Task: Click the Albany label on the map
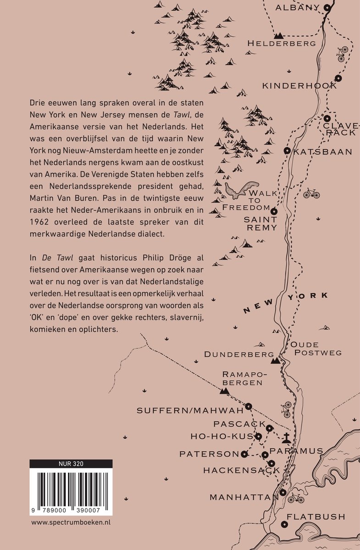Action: [297, 7]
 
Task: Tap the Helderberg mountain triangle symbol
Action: [278, 35]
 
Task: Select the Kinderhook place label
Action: [299, 86]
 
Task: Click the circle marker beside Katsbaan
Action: [287, 151]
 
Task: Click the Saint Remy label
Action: [260, 223]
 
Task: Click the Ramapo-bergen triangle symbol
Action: [224, 391]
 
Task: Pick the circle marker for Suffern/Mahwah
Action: [248, 406]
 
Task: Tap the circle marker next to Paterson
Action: [244, 454]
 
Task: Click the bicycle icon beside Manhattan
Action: [296, 498]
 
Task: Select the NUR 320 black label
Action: [71, 463]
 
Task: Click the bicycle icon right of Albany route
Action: [342, 53]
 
